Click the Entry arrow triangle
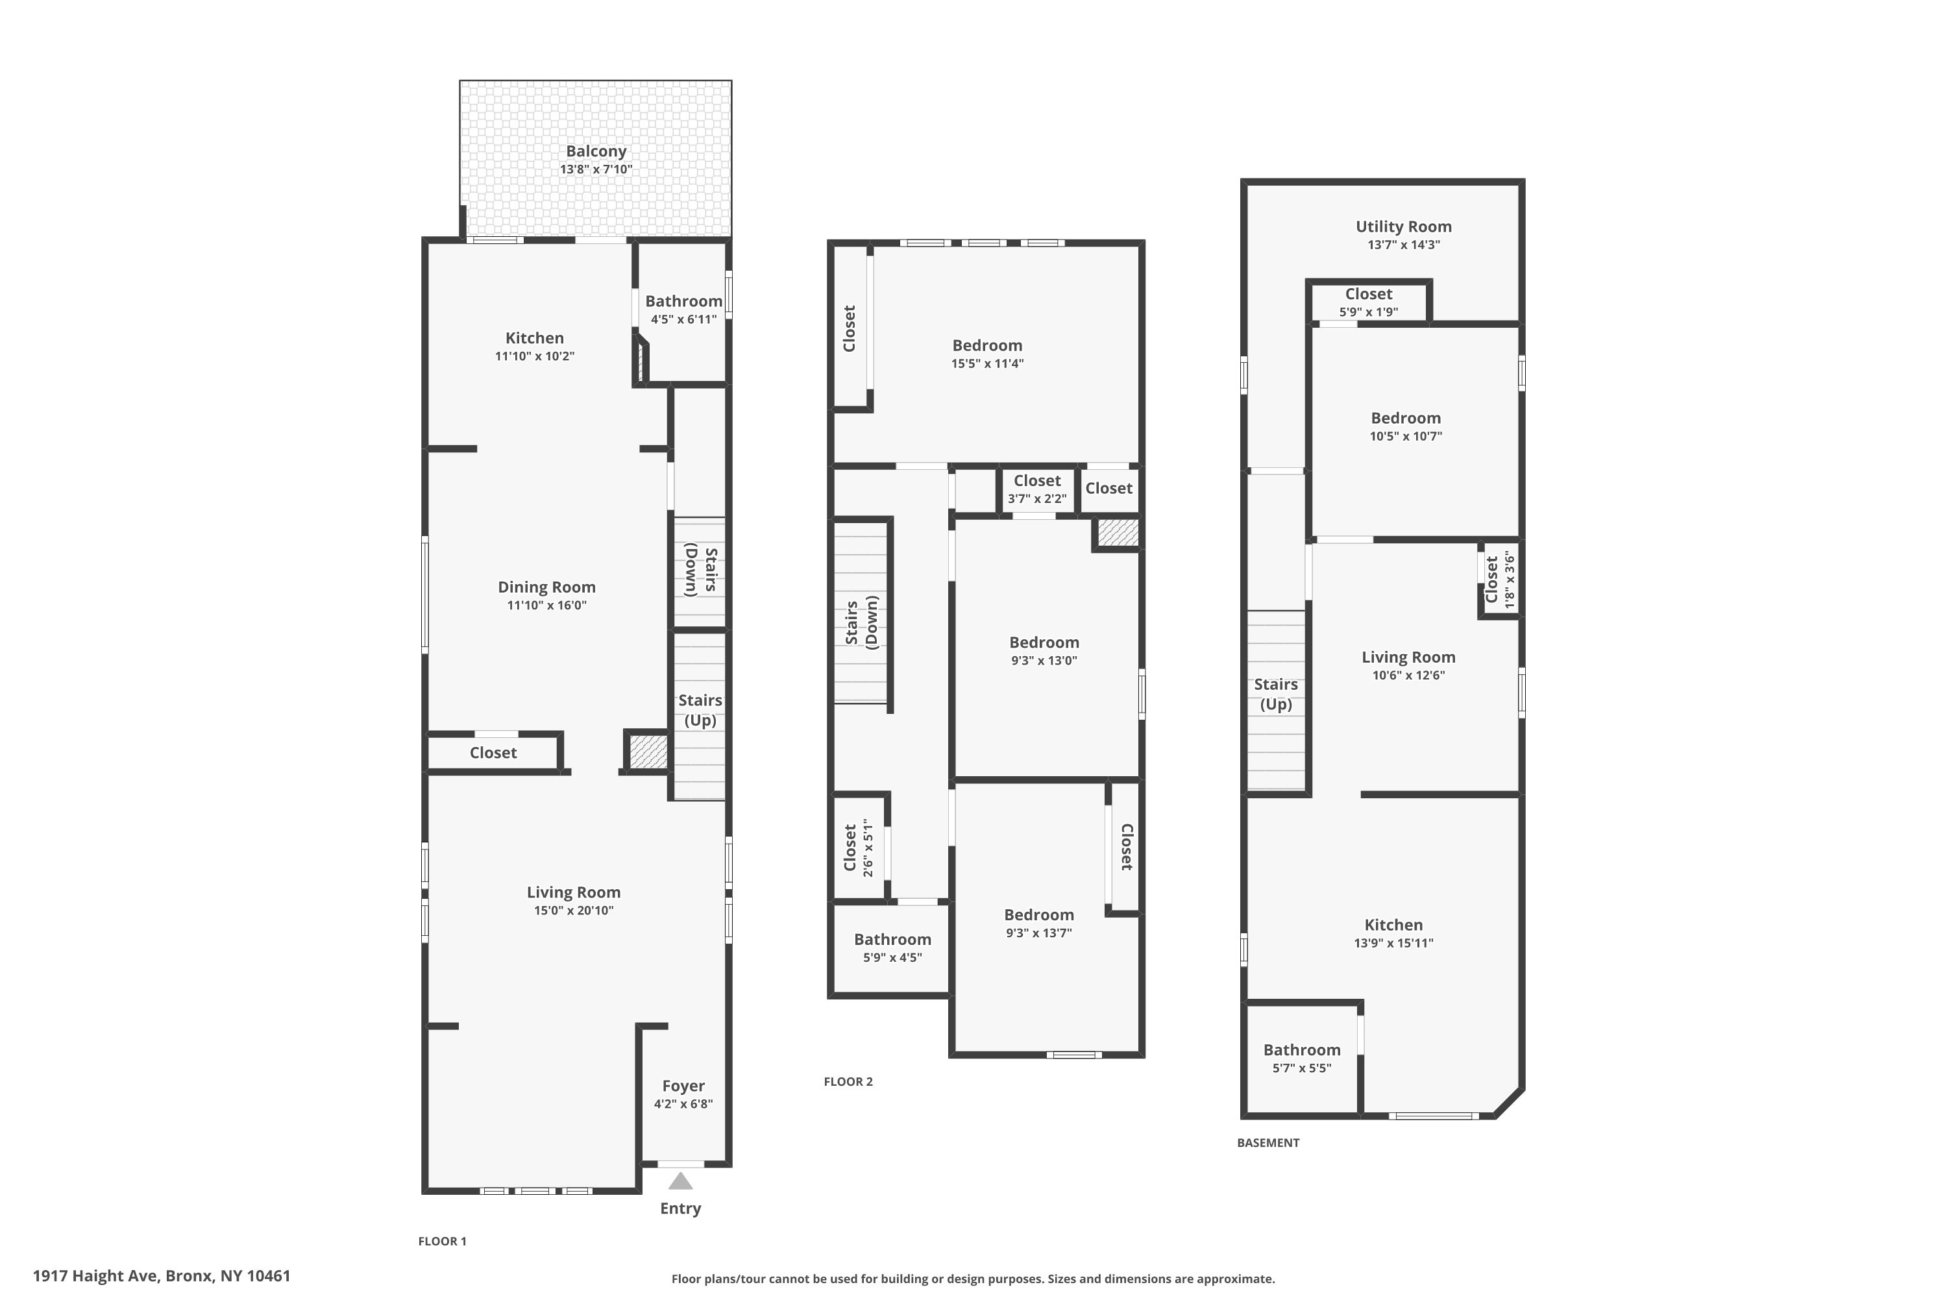coord(680,1181)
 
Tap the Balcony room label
coord(596,151)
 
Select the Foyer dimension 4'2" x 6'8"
coord(683,1103)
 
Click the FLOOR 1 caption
coord(442,1241)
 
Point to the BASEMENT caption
coord(1268,1142)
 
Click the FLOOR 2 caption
coord(848,1081)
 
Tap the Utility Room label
coord(1403,226)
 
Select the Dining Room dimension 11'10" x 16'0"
coord(546,605)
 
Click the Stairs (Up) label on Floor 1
coord(700,710)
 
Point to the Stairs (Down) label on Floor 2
coord(861,622)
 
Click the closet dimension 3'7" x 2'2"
coord(1036,498)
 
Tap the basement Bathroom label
coord(1301,1049)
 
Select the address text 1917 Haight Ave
coord(95,1276)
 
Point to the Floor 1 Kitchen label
coord(535,337)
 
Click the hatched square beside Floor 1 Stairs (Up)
coord(647,751)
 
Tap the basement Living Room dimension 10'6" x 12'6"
coord(1408,675)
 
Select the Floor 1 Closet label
coord(493,752)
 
